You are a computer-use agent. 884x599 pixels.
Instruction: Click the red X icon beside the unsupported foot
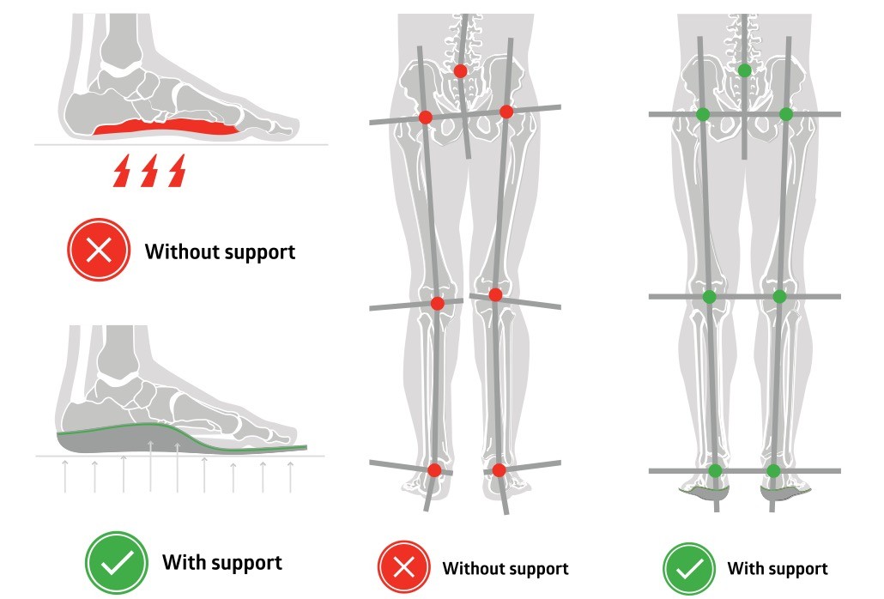point(99,251)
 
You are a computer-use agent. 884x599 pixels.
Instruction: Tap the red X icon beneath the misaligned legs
point(403,567)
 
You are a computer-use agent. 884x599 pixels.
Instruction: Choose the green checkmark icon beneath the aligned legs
point(689,567)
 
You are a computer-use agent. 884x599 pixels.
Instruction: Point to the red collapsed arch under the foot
point(164,129)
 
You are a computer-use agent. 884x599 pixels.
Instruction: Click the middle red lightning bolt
point(150,171)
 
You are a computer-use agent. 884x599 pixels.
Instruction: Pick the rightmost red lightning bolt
point(178,171)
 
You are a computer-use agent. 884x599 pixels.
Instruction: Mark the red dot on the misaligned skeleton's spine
point(461,71)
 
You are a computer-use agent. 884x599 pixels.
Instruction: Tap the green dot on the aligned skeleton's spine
point(744,70)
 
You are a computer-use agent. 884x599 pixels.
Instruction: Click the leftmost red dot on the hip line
point(425,117)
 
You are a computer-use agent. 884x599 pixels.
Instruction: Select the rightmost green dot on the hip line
point(785,114)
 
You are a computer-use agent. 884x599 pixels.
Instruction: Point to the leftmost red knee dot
point(437,303)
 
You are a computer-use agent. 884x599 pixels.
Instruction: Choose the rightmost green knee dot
point(779,296)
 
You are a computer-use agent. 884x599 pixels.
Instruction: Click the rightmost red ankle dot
point(500,469)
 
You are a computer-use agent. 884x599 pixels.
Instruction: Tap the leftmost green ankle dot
point(715,470)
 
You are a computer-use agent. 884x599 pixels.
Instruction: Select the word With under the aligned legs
point(743,568)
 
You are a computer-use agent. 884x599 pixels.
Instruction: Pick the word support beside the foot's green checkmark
point(245,563)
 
